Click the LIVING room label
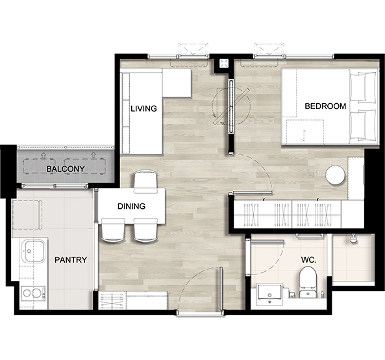click(143, 108)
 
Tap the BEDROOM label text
click(325, 106)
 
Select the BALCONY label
click(66, 169)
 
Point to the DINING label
click(131, 206)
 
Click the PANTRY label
click(71, 259)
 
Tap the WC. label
click(308, 260)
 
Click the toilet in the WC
click(308, 282)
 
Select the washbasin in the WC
click(269, 294)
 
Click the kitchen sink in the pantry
click(33, 251)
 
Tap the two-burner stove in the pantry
click(33, 293)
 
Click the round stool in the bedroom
click(335, 175)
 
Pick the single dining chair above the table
click(145, 182)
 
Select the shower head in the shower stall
click(353, 239)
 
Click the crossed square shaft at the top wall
click(224, 64)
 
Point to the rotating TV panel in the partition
click(232, 106)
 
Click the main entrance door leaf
click(221, 289)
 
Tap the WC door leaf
click(267, 242)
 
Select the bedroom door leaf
click(253, 193)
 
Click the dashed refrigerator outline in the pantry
click(27, 215)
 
